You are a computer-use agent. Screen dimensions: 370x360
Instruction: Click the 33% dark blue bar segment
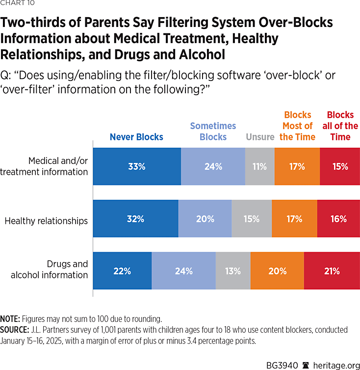(137, 167)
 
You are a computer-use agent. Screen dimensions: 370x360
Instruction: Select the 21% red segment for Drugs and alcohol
(332, 271)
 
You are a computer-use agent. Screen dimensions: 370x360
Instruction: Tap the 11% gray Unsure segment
(259, 167)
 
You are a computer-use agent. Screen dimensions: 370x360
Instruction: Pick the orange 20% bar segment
(277, 271)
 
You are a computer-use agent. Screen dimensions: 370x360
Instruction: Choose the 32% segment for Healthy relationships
(135, 219)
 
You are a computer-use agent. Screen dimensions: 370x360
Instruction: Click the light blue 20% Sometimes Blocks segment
(205, 219)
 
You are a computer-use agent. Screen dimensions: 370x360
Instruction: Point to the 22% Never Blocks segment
(122, 271)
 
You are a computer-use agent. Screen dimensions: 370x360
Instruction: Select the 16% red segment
(338, 219)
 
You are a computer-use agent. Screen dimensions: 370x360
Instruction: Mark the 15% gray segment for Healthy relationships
(252, 219)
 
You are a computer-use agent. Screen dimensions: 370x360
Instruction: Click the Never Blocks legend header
(136, 137)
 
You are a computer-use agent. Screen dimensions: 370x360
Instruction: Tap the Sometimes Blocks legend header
(213, 132)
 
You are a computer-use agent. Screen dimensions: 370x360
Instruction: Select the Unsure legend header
(260, 137)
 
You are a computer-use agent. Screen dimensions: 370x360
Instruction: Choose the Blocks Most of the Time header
(297, 126)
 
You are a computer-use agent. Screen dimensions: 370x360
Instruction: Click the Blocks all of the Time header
(340, 126)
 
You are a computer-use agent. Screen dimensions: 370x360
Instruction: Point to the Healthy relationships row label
(46, 221)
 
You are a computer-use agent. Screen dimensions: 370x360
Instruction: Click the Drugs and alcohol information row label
(50, 269)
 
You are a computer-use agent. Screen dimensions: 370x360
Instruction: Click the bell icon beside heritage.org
(305, 359)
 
